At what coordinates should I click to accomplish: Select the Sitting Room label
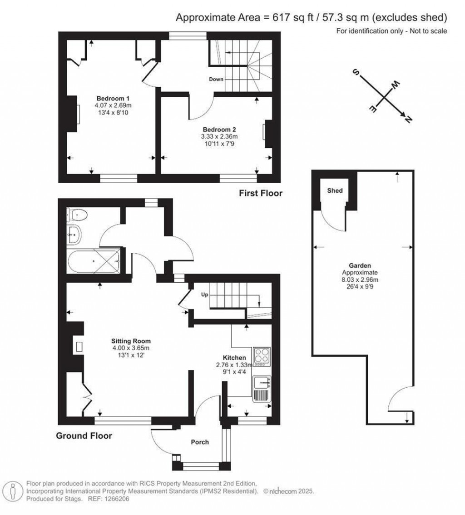[131, 340]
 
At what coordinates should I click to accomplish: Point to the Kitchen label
[234, 358]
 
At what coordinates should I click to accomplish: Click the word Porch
[200, 442]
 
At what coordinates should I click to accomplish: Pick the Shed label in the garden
[335, 191]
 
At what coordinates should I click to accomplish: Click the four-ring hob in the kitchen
[262, 357]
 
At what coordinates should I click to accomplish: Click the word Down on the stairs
[216, 79]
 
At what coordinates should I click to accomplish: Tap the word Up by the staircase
[204, 295]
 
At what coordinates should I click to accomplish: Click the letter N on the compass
[408, 119]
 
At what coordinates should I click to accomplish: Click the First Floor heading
[261, 193]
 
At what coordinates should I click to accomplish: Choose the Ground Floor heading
[84, 436]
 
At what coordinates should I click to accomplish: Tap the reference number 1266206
[118, 499]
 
